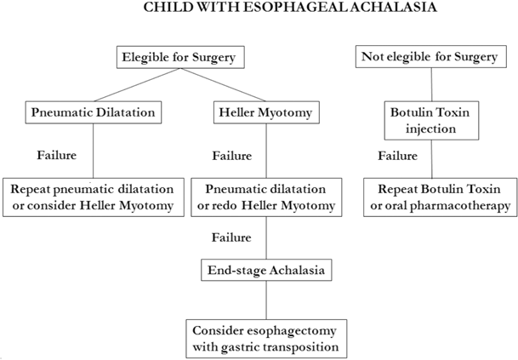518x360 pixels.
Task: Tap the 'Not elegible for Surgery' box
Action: [430, 59]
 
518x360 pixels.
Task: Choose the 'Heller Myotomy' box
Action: [267, 112]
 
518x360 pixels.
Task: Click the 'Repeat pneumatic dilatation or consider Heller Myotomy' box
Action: [93, 195]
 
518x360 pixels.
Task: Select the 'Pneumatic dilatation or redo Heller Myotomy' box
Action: [267, 195]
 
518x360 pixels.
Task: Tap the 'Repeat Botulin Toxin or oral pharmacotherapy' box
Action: [438, 195]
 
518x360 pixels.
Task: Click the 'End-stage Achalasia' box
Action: [266, 271]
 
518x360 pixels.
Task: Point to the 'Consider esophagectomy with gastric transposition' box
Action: [266, 338]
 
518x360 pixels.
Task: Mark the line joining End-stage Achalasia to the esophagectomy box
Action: [266, 300]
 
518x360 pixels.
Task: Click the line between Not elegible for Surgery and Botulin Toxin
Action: [431, 85]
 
